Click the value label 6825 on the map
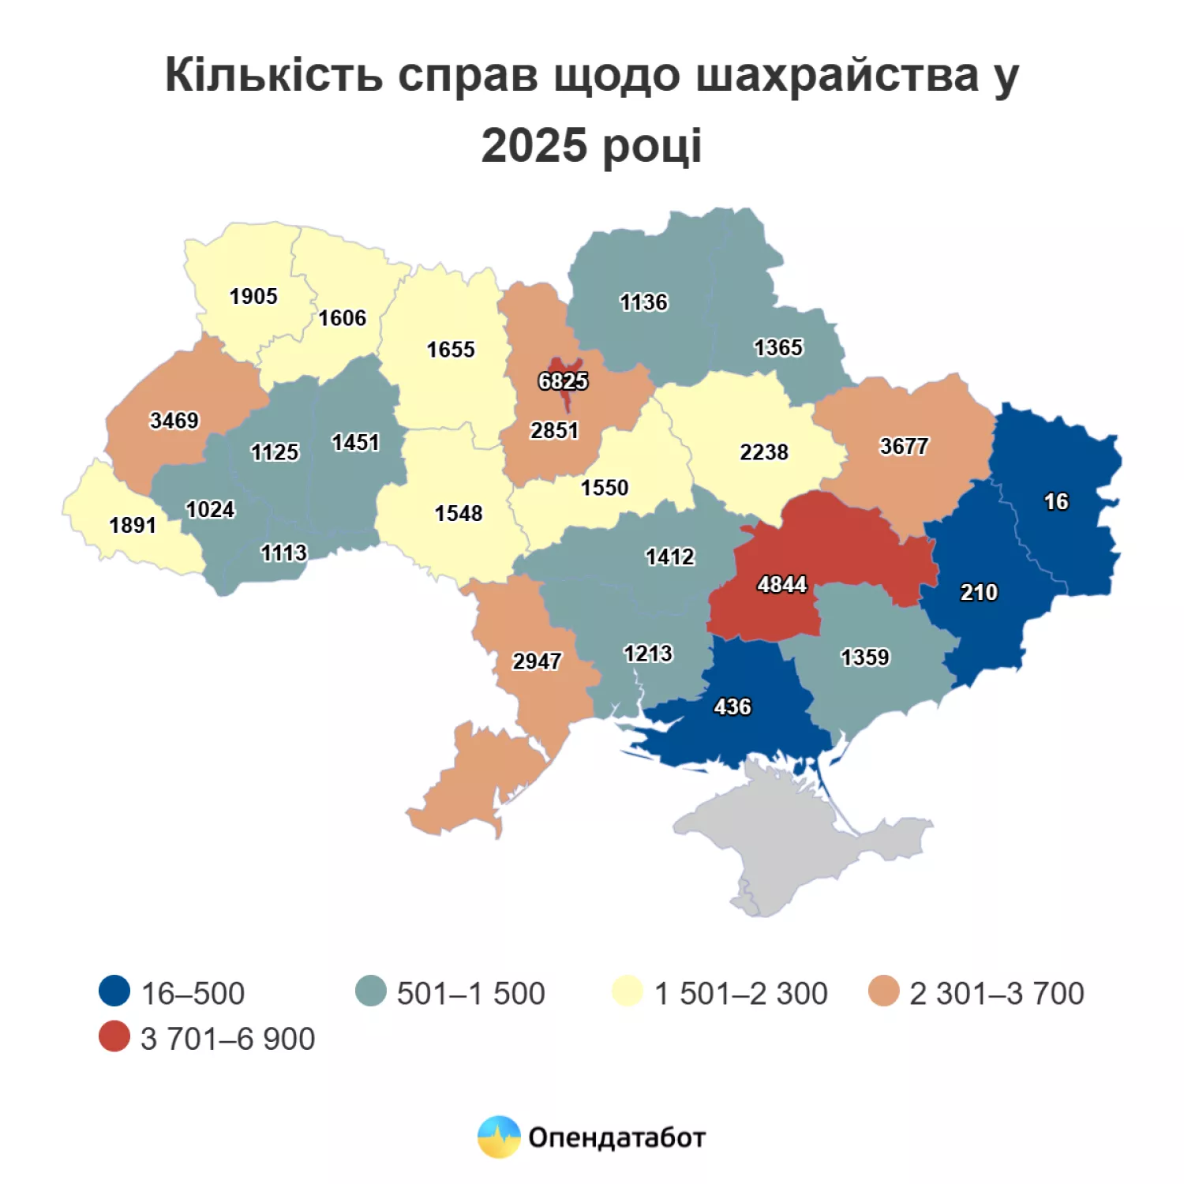coord(563,381)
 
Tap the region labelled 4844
coord(821,553)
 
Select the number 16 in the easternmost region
coord(1055,501)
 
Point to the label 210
coord(979,592)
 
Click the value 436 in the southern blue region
coord(733,706)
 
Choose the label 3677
coord(904,446)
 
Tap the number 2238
coord(763,452)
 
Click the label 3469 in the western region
coord(174,420)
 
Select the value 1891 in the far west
coord(133,525)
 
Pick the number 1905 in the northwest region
coord(253,296)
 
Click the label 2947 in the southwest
coord(537,661)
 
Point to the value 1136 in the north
coord(643,302)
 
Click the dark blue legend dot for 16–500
coord(114,991)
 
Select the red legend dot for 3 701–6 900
coord(114,1036)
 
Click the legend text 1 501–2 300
coord(741,993)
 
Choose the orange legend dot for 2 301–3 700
coord(883,991)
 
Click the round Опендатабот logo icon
coord(499,1137)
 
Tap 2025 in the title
coord(534,146)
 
